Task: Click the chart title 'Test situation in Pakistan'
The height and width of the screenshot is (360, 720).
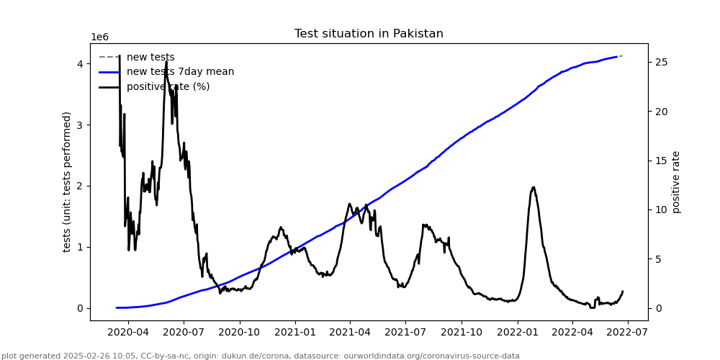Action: (369, 34)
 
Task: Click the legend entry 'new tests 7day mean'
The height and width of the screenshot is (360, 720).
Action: (180, 72)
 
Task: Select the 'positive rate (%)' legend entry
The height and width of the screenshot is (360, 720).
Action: (168, 86)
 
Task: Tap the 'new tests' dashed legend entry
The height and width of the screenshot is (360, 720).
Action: (150, 57)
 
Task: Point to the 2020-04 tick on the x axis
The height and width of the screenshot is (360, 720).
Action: (127, 333)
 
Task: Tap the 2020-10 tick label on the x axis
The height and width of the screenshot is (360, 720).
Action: (239, 333)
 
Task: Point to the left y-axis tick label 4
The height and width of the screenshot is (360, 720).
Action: (81, 63)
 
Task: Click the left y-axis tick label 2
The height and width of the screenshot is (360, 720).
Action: (81, 186)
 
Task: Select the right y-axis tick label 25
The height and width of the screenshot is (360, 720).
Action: (659, 62)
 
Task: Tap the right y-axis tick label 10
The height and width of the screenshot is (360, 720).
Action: (659, 210)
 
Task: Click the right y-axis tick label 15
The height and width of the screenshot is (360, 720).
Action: (659, 161)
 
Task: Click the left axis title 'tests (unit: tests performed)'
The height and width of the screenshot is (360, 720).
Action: (67, 181)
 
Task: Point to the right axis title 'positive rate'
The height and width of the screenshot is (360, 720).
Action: (676, 181)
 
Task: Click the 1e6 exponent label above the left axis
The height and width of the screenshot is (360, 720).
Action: (99, 37)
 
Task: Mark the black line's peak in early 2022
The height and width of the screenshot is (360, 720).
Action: (534, 187)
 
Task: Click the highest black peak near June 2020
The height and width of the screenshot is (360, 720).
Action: (166, 61)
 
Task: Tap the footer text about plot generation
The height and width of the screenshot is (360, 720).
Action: (260, 356)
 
